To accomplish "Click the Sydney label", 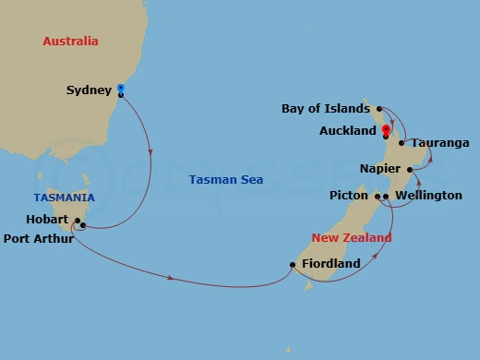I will [90, 90].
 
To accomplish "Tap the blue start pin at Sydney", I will [121, 89].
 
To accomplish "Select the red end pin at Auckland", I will [385, 130].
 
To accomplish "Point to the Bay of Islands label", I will [325, 109].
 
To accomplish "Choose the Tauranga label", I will [440, 143].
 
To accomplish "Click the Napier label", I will [380, 169].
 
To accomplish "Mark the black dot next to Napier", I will [410, 170].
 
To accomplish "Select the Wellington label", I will [428, 196].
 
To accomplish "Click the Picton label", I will [349, 196].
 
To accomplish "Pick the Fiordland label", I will [331, 264].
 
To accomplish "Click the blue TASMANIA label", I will [64, 198].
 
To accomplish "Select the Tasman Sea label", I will [225, 179].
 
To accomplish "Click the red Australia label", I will [70, 42].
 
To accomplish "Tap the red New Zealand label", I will [351, 237].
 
